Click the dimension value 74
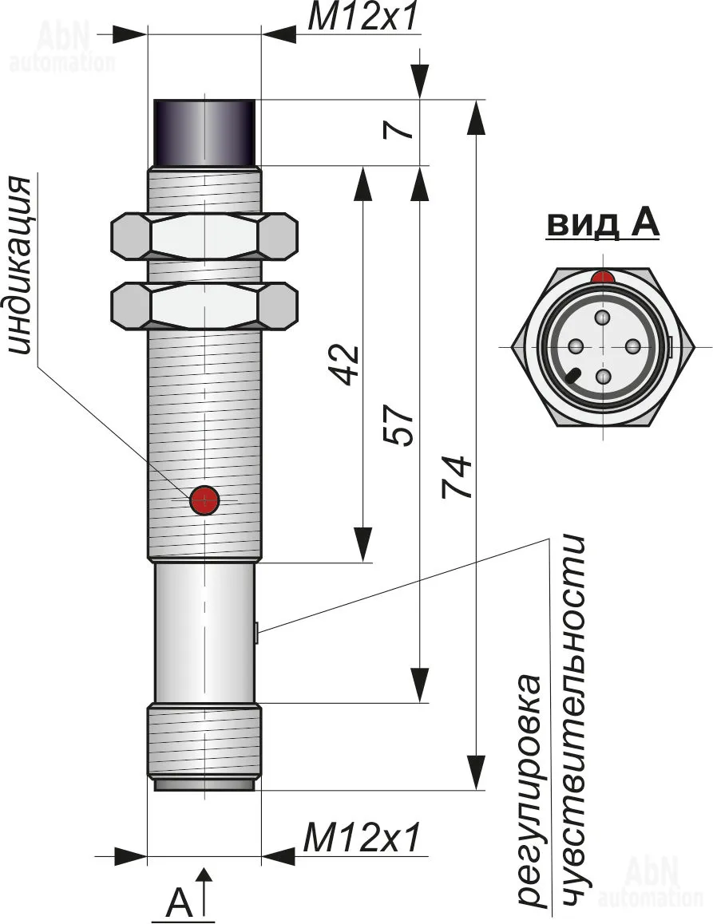pos(458,477)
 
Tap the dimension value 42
pos(346,364)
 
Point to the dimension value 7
pos(403,128)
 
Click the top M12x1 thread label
pos(362,17)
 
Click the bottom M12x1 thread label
pos(361,839)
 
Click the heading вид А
pos(603,224)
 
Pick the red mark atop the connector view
pos(603,277)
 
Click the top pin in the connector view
pos(603,318)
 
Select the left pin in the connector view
pos(574,346)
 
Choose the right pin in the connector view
pos(632,346)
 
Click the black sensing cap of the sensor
pos(204,132)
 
